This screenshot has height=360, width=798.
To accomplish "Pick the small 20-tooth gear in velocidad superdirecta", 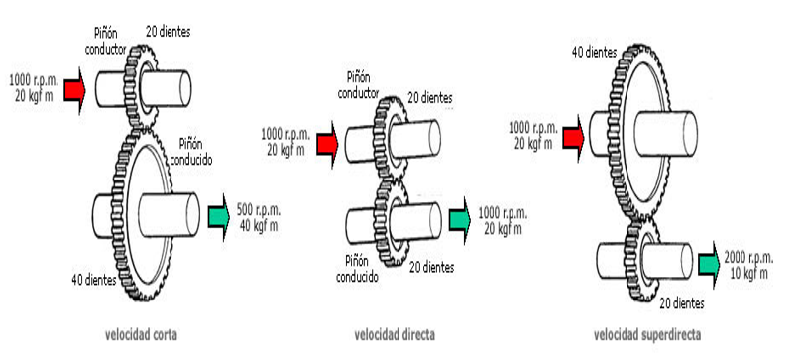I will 640,263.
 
